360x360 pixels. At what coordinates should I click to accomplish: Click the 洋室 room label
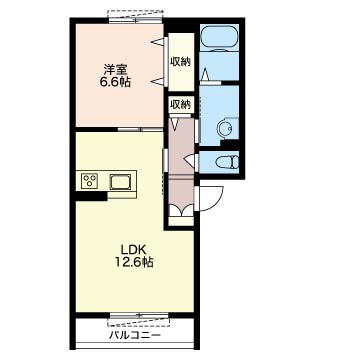click(115, 70)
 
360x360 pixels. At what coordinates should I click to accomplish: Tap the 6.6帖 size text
click(115, 82)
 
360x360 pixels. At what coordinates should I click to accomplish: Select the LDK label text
click(131, 250)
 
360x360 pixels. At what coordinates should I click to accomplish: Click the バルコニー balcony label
click(135, 335)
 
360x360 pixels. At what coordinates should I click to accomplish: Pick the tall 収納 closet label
click(181, 61)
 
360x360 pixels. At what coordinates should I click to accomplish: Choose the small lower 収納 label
click(180, 105)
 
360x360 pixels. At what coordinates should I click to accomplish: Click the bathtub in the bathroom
click(219, 38)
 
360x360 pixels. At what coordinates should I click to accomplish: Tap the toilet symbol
click(227, 162)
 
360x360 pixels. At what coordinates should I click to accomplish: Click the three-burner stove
click(90, 181)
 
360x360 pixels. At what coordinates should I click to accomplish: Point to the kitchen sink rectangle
click(121, 182)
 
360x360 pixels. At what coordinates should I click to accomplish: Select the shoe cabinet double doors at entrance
click(181, 211)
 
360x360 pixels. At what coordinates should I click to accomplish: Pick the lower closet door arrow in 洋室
click(158, 81)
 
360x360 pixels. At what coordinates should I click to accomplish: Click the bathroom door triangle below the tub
click(206, 74)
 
